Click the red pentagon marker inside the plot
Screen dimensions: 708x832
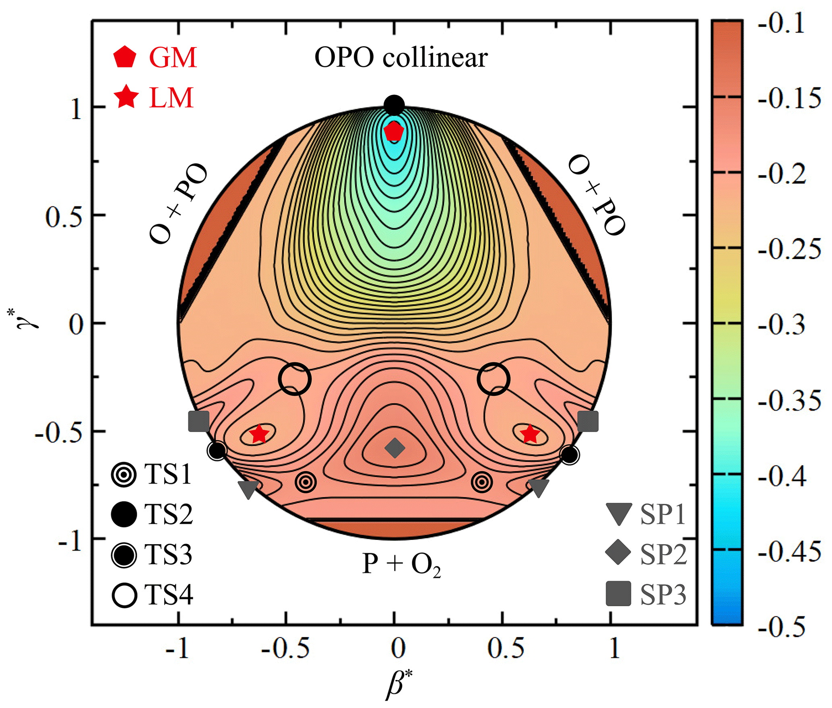click(x=394, y=131)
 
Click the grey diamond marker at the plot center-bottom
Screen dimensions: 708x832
click(x=394, y=448)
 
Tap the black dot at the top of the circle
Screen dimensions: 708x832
click(x=394, y=105)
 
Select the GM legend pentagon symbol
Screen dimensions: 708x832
click(x=124, y=57)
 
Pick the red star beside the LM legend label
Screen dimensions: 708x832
click(x=126, y=97)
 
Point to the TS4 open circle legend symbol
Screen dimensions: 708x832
click(x=124, y=595)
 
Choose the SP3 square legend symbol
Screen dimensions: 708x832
click(x=618, y=594)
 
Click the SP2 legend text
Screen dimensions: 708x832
click(x=663, y=554)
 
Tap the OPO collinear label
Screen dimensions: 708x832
click(x=401, y=58)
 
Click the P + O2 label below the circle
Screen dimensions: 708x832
click(x=401, y=564)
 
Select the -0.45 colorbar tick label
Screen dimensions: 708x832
click(x=789, y=551)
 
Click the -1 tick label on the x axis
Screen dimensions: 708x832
click(x=178, y=648)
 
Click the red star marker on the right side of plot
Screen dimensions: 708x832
click(x=529, y=434)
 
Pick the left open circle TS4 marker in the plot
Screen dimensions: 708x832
click(x=295, y=379)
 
